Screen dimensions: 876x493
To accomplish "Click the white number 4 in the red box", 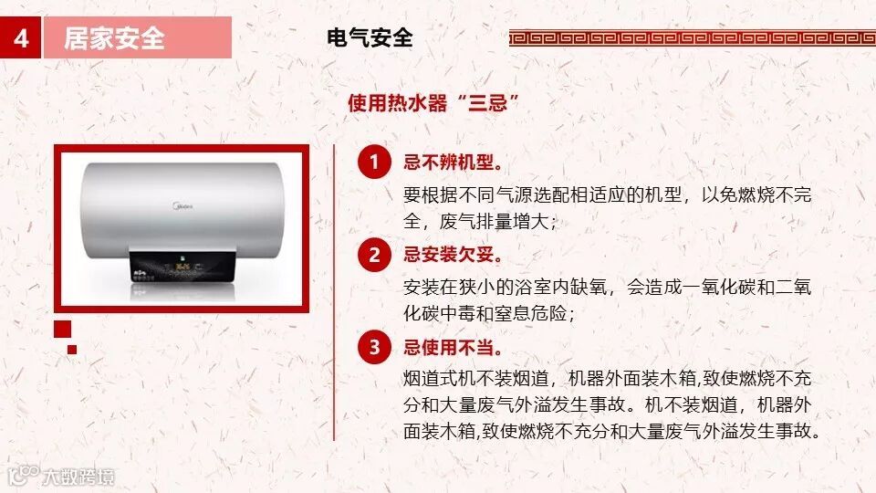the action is (x=21, y=38).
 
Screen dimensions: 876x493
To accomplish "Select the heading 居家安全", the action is (x=114, y=38).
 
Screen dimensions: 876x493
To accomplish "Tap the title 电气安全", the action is (x=370, y=38).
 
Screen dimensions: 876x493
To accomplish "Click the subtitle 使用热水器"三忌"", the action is (x=433, y=103).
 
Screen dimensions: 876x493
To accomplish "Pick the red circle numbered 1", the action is (x=374, y=163).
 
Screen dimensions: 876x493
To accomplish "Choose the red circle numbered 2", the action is (x=374, y=255).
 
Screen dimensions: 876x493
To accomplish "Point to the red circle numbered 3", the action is (x=374, y=347).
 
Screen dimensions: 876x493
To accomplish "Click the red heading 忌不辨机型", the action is (x=454, y=163).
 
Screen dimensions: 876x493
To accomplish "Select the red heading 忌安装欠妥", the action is (x=454, y=255).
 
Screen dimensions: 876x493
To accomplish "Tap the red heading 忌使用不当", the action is (x=454, y=347).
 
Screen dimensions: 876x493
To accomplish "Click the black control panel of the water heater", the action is (x=182, y=267).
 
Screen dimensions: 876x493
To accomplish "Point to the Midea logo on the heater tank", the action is (x=182, y=206).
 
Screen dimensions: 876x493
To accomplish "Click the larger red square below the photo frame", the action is (x=63, y=330).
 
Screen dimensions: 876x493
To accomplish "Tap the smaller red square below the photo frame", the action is (x=72, y=350).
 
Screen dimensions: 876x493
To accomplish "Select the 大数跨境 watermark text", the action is (x=78, y=477).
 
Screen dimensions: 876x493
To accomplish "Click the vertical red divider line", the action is (x=334, y=293).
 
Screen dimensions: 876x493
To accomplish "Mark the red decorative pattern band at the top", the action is (x=693, y=38).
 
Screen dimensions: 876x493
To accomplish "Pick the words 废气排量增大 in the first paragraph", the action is (x=494, y=221).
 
